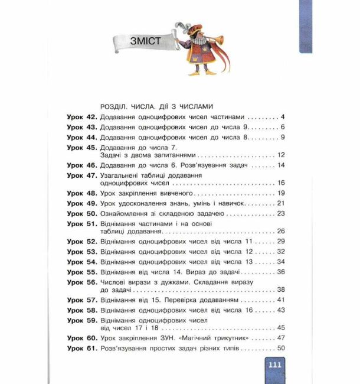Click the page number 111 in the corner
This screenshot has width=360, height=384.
pyautogui.click(x=275, y=365)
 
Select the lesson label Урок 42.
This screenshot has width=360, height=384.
pyautogui.click(x=82, y=117)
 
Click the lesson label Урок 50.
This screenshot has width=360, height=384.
pyautogui.click(x=82, y=213)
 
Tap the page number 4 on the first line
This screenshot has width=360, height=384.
pyautogui.click(x=283, y=117)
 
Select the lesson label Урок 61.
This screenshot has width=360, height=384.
pyautogui.click(x=82, y=348)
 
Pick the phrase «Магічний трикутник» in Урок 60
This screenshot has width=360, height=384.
pyautogui.click(x=221, y=338)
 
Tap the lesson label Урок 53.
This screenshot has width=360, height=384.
pyautogui.click(x=82, y=252)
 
